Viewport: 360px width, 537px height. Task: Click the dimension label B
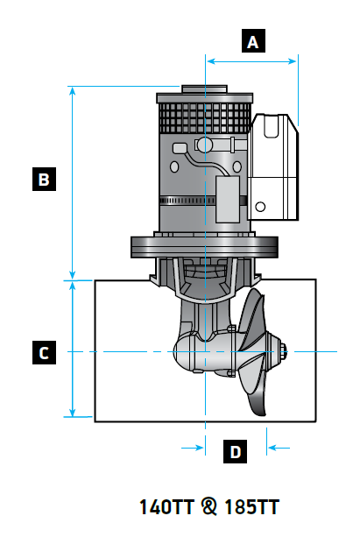43,180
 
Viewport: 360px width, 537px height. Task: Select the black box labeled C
43,353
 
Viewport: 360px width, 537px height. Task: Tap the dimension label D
235,452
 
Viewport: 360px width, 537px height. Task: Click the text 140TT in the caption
168,507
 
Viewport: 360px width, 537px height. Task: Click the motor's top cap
203,88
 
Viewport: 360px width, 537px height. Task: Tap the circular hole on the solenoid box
259,208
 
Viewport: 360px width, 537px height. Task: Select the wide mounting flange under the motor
205,246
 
